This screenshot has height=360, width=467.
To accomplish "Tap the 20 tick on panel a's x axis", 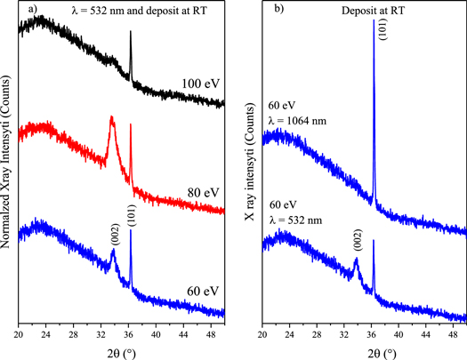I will pyautogui.click(x=18, y=333).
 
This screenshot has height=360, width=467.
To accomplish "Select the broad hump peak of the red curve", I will pyautogui.click(x=111, y=119).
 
